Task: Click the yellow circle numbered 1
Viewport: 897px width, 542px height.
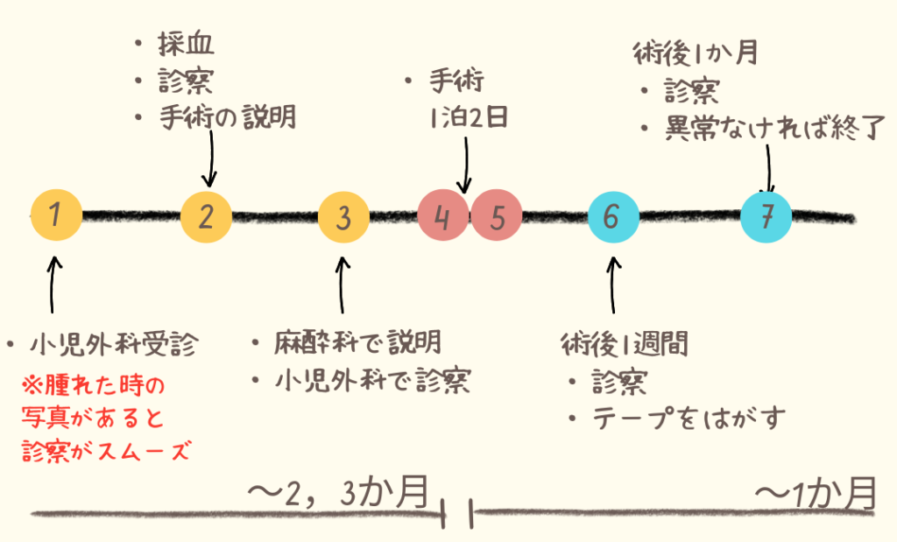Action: coord(56,215)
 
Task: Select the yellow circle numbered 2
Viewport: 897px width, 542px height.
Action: coord(205,215)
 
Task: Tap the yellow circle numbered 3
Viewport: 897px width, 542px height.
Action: coord(343,216)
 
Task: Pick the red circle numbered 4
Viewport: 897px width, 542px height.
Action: coord(443,216)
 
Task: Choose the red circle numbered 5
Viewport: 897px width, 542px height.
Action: coord(498,216)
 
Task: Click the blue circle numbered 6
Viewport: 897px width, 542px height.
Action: coord(613,216)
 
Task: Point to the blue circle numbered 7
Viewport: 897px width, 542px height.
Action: coord(766,216)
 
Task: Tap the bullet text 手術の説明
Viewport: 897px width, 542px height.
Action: coord(227,116)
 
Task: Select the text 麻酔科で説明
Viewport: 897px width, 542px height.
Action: coord(357,341)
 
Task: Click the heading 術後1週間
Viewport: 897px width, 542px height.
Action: coord(624,344)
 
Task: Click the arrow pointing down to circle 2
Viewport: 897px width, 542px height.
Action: coord(208,158)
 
